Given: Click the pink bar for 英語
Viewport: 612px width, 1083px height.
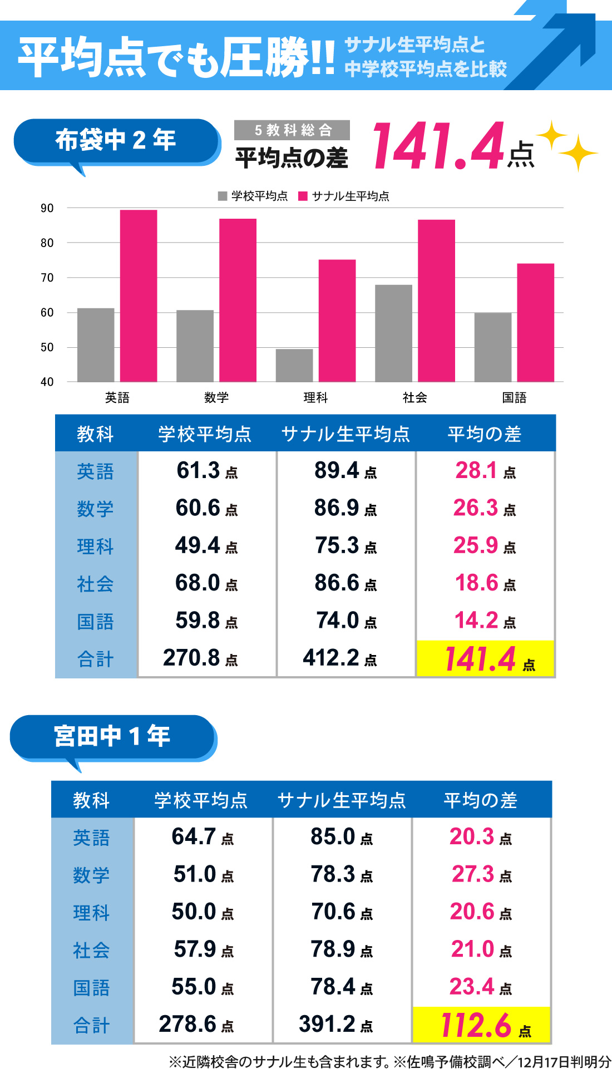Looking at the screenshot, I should click(139, 296).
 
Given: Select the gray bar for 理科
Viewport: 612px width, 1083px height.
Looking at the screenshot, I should click(294, 365).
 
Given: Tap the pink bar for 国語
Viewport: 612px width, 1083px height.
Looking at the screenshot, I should click(535, 322).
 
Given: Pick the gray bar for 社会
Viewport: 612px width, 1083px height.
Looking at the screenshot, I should click(393, 333).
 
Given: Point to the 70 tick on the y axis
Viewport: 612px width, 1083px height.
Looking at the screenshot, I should click(47, 278).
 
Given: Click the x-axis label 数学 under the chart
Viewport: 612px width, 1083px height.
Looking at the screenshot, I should click(216, 397).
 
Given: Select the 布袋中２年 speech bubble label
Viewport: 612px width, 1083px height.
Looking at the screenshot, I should click(116, 141).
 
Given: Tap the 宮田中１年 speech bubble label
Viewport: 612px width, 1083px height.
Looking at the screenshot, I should click(112, 737).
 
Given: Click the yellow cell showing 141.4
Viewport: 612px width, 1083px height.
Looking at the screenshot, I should click(485, 659).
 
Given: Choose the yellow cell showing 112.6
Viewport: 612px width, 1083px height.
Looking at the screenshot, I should click(481, 1025).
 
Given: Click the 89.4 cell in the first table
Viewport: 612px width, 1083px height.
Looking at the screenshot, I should click(346, 471).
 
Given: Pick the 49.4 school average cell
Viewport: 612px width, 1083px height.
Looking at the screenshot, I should click(206, 546).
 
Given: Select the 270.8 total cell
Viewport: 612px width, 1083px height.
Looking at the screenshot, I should click(200, 658).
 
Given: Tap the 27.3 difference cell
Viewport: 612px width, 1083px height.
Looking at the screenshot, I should click(481, 875).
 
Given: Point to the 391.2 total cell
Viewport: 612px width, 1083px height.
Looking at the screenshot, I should click(335, 1025).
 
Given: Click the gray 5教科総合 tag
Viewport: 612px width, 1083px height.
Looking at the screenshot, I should click(292, 130).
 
